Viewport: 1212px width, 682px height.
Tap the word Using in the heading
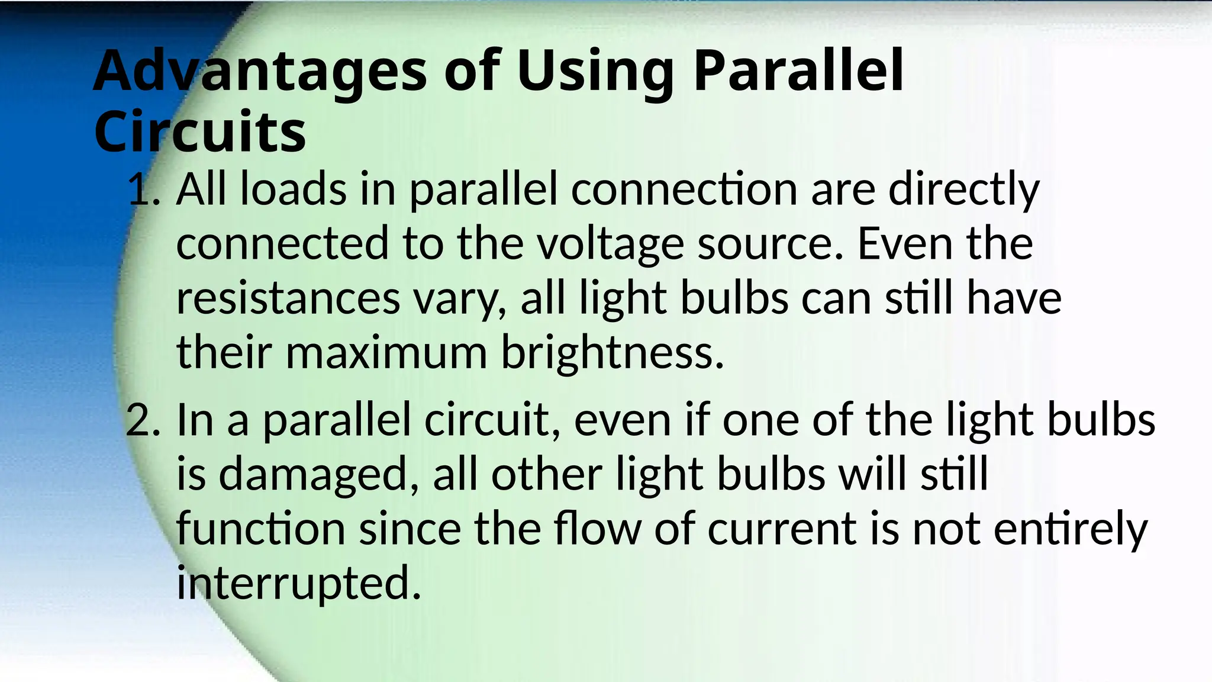click(595, 72)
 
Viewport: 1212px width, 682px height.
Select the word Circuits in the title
click(200, 131)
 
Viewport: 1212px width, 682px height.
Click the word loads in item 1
click(294, 189)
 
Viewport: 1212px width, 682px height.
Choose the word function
click(261, 529)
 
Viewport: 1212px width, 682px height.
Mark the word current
click(781, 529)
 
